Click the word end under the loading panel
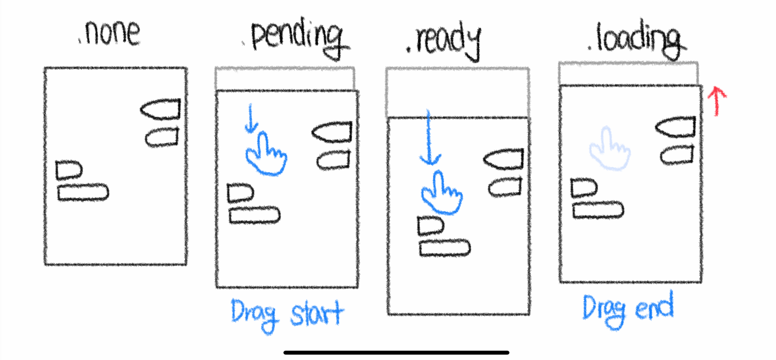[x=654, y=307]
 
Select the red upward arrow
[x=716, y=100]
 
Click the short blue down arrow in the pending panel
[x=251, y=118]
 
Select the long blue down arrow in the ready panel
[x=429, y=138]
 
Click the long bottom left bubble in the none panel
[x=83, y=193]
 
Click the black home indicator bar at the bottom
[x=396, y=352]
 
